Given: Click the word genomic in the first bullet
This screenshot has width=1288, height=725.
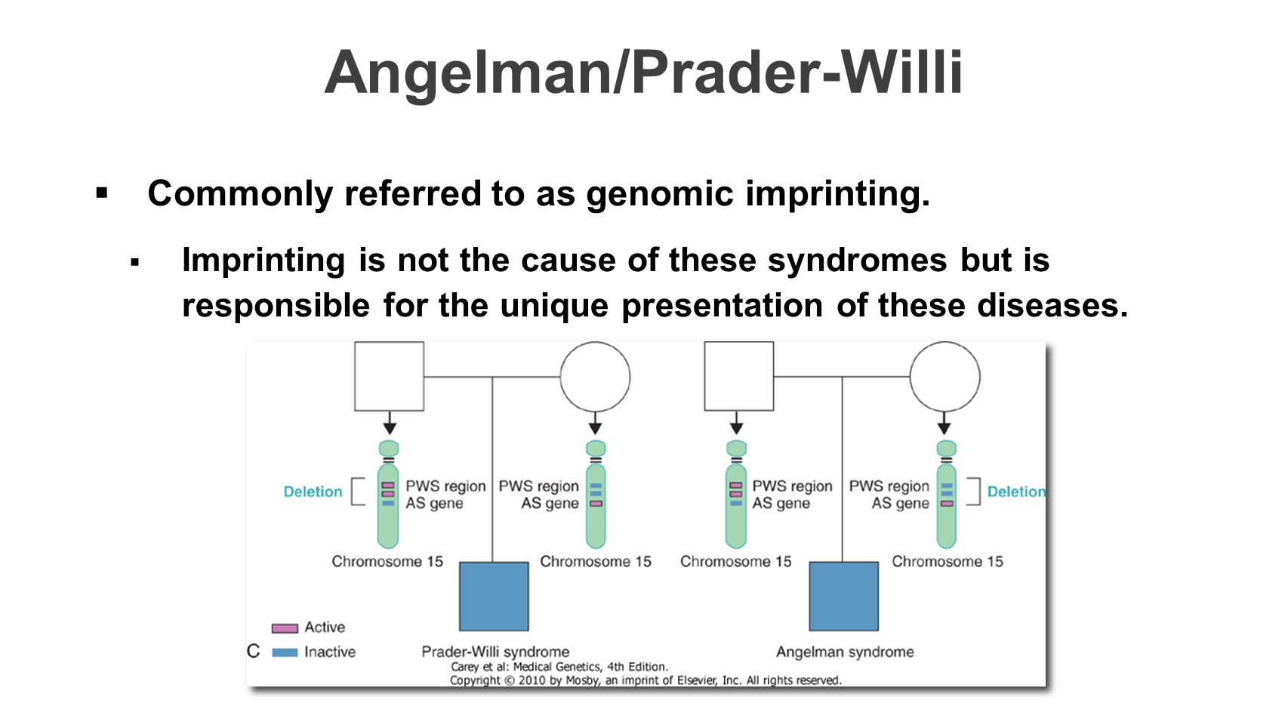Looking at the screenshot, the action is [x=660, y=194].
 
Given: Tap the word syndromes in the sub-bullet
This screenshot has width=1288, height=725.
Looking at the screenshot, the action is [x=857, y=261].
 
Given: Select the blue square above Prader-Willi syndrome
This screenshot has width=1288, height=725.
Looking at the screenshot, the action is [x=494, y=596].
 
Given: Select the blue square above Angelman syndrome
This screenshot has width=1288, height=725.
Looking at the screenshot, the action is [x=843, y=596].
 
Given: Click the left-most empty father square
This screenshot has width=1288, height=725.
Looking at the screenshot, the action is [x=390, y=376].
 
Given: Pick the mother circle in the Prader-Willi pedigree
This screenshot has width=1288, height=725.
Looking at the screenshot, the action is [x=595, y=377].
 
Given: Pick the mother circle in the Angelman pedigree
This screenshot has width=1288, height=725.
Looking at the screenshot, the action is [x=944, y=377].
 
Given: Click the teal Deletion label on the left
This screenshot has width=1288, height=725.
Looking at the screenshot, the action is [x=313, y=492].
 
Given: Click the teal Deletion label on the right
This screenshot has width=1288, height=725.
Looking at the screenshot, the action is [x=1016, y=492].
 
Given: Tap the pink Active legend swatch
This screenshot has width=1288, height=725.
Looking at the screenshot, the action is [x=285, y=628].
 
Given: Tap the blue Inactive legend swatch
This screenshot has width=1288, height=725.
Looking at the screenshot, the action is [x=285, y=652].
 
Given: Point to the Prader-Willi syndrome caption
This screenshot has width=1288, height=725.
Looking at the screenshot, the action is [x=495, y=652].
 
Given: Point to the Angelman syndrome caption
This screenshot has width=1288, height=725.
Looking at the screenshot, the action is [x=845, y=652].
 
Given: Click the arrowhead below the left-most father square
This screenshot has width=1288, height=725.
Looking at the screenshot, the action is [x=390, y=428].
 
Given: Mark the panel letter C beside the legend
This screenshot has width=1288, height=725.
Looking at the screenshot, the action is [x=253, y=651].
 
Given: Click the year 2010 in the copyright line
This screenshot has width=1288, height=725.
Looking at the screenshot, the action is [x=532, y=680].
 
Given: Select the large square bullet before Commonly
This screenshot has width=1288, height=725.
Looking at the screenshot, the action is [x=102, y=193].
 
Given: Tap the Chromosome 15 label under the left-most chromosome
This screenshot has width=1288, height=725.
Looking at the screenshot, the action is [x=387, y=562].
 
